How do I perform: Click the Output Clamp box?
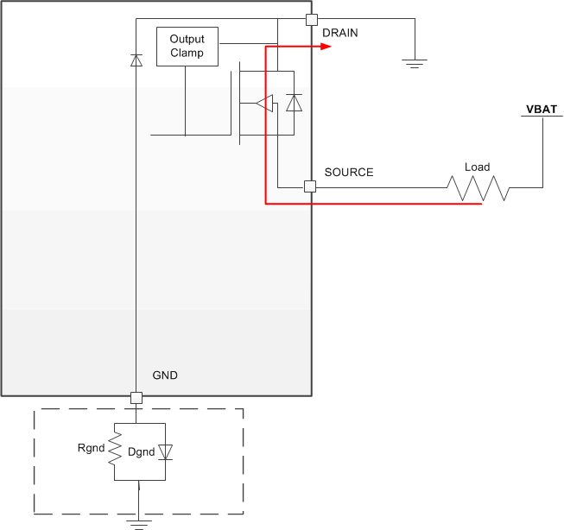pos(187,47)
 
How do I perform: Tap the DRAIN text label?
pos(339,33)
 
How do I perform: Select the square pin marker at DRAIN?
pos(311,19)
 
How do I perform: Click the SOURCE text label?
pos(349,172)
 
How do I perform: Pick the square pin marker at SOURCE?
pos(309,186)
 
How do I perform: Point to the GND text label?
pos(165,375)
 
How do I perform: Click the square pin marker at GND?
pos(136,398)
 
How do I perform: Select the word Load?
pos(477,167)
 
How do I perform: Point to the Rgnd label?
pos(92,447)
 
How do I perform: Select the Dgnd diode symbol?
pos(166,451)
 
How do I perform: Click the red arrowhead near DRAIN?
pos(326,47)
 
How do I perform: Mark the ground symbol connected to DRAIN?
pos(415,61)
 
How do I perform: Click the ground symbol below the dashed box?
pos(138,520)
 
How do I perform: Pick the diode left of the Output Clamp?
pos(136,60)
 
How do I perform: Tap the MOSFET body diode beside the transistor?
pos(295,103)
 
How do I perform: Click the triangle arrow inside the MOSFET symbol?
pos(264,104)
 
